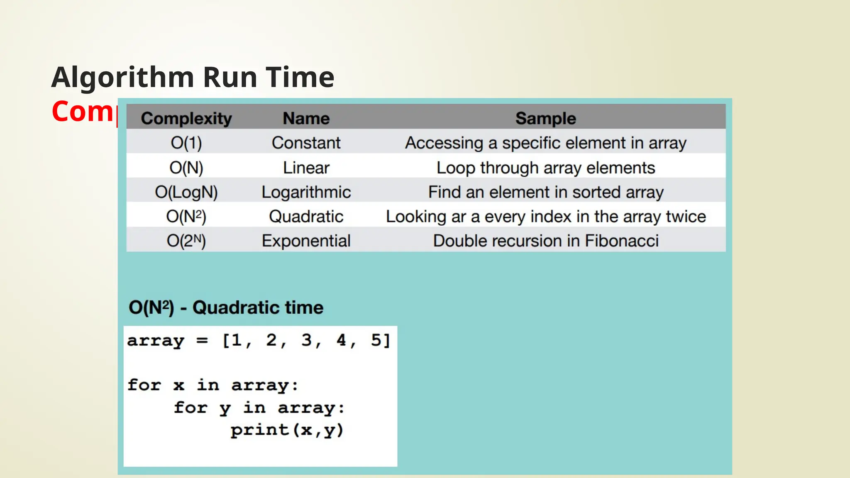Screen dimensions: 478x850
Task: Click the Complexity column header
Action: click(186, 119)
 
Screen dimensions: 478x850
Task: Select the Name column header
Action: click(306, 119)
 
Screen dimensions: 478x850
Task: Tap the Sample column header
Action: click(546, 119)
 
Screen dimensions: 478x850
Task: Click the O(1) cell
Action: click(186, 143)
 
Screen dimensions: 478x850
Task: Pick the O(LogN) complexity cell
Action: click(186, 192)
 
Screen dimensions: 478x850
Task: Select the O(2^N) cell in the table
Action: click(186, 241)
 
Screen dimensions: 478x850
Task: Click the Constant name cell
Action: click(306, 143)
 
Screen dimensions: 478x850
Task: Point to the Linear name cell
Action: click(306, 168)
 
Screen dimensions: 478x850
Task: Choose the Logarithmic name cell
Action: click(306, 192)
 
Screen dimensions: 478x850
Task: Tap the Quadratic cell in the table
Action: click(306, 217)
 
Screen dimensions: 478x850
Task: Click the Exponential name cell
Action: click(306, 241)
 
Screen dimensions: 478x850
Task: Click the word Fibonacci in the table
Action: click(622, 241)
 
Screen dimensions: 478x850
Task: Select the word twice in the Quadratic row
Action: click(686, 217)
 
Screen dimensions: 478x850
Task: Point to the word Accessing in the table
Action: click(444, 143)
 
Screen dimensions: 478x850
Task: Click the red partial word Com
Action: click(83, 112)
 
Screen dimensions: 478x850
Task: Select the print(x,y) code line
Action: click(287, 430)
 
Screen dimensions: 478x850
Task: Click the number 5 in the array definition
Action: click(376, 340)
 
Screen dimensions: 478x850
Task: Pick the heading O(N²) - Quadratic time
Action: click(226, 307)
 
